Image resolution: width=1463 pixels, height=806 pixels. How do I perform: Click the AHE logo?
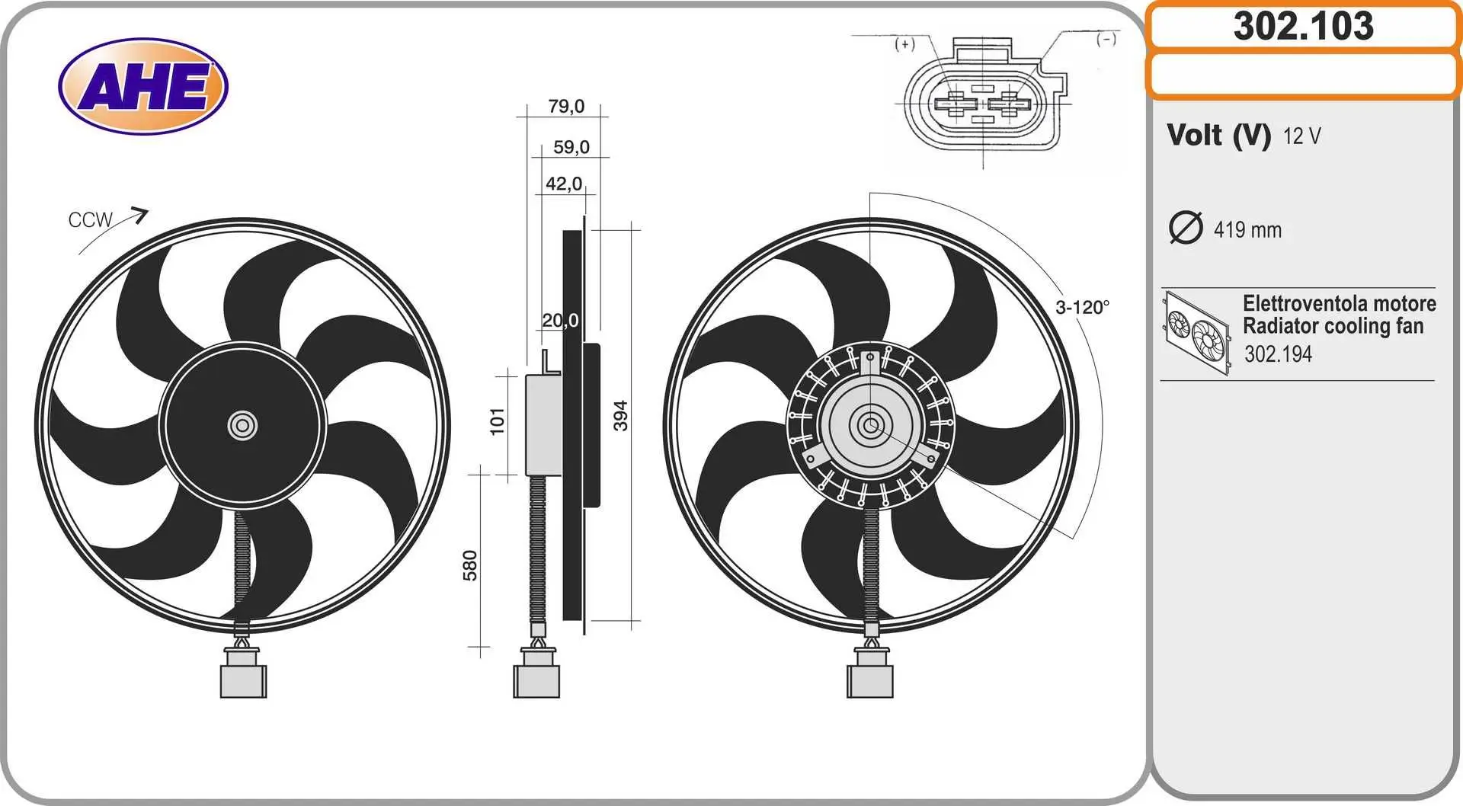(143, 86)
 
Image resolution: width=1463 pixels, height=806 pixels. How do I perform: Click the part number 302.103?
(1304, 26)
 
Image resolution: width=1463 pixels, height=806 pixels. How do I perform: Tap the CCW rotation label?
(90, 220)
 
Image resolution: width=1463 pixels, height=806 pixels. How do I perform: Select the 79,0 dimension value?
(566, 106)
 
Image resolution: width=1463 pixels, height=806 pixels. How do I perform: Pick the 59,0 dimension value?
(571, 146)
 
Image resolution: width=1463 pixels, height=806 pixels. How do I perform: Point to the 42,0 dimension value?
(564, 184)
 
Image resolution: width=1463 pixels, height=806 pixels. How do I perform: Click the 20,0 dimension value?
(560, 320)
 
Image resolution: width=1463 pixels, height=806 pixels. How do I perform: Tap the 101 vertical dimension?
(497, 421)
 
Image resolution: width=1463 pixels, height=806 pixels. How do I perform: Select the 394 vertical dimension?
(621, 416)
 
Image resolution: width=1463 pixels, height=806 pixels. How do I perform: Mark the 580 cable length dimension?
(470, 565)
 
